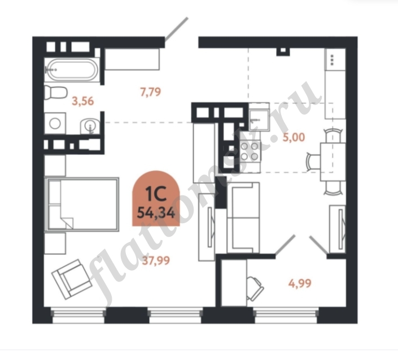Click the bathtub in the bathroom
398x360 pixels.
pyautogui.click(x=72, y=70)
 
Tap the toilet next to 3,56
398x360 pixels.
pyautogui.click(x=55, y=92)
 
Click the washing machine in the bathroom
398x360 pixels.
pyautogui.click(x=55, y=123)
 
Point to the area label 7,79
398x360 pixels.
pyautogui.click(x=151, y=92)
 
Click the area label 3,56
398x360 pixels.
pyautogui.click(x=83, y=101)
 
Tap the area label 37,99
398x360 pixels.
pyautogui.click(x=156, y=261)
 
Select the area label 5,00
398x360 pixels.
pyautogui.click(x=294, y=137)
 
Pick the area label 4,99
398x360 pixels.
pyautogui.click(x=300, y=283)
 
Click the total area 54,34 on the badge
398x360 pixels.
pyautogui.click(x=156, y=213)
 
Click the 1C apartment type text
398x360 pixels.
pyautogui.click(x=156, y=194)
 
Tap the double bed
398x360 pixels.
pyautogui.click(x=81, y=205)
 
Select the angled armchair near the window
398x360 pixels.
pyautogui.click(x=72, y=279)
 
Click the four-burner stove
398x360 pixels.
pyautogui.click(x=250, y=151)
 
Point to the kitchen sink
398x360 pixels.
pyautogui.click(x=259, y=120)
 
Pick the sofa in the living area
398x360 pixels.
pyautogui.click(x=243, y=218)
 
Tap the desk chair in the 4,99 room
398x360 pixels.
pyautogui.click(x=255, y=288)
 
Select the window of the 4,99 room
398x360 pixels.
pyautogui.click(x=286, y=315)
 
